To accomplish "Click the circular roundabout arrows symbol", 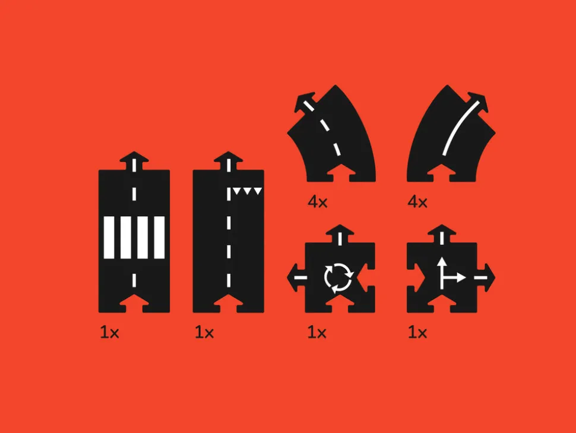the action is point(338,278).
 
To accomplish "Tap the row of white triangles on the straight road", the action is point(248,191).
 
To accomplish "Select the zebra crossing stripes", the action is point(134,238).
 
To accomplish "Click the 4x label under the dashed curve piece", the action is point(317,202).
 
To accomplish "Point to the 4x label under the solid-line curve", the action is point(417,202).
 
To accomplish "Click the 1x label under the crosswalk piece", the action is point(109,333).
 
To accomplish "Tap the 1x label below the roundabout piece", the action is point(317,333).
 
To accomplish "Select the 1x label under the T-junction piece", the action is point(417,333).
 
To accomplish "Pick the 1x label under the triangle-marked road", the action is point(204,333).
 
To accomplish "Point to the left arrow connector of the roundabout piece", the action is point(296,277).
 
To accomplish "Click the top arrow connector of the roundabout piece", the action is point(340,234).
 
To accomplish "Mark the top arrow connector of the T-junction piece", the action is point(442,234).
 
